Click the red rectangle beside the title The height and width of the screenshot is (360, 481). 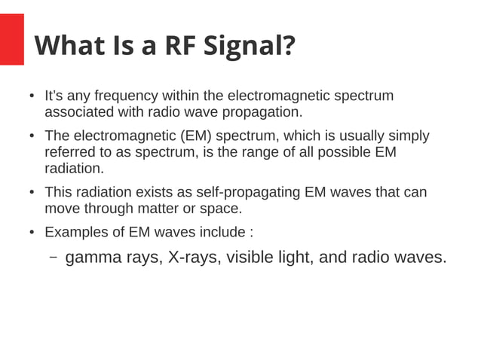[x=12, y=40]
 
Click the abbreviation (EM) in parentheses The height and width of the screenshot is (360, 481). [x=198, y=136]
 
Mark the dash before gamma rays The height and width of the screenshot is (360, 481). [x=54, y=258]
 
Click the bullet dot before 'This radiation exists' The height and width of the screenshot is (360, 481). [x=32, y=193]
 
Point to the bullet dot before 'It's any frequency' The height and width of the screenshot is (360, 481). [x=32, y=97]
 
